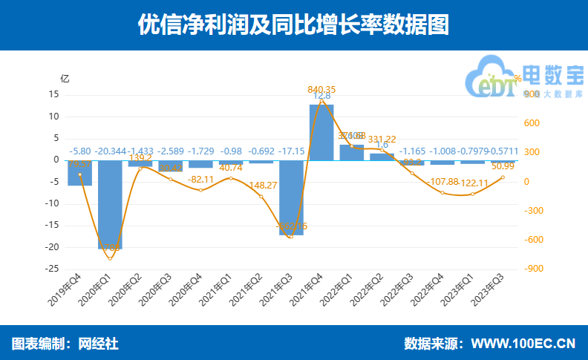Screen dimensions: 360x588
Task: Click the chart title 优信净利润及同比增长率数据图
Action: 293,24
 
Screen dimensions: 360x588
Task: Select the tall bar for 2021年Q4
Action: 321,132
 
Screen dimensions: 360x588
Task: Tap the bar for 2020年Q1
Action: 110,204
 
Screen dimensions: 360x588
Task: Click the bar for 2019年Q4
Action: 79,173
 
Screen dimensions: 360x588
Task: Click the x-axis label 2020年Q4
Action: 186,288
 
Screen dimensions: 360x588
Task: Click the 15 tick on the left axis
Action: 53,95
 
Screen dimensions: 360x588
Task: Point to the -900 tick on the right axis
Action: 532,269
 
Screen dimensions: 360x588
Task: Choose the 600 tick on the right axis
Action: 532,124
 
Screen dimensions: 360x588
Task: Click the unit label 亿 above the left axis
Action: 65,79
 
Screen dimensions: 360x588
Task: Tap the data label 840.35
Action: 321,90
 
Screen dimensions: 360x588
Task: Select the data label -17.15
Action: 291,151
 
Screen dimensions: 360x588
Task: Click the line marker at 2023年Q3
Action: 503,177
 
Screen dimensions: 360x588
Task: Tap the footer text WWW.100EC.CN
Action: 524,344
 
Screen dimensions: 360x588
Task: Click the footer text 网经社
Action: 101,344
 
